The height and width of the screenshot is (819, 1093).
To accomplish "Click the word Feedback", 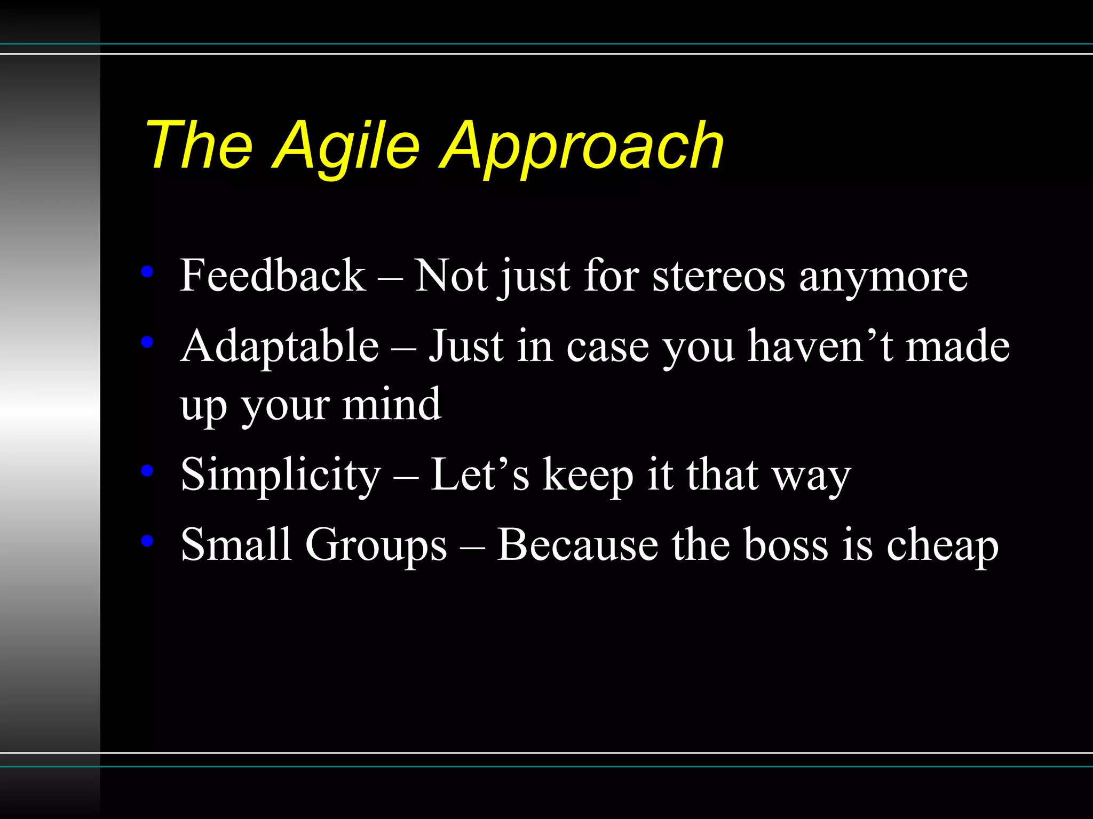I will tap(273, 276).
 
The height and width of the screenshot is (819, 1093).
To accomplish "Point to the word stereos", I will tap(718, 277).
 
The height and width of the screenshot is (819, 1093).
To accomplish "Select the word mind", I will tap(392, 404).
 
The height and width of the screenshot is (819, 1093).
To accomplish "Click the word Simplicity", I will tap(281, 475).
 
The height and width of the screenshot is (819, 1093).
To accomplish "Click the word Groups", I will tap(376, 545).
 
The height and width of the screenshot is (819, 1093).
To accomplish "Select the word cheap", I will tap(942, 546).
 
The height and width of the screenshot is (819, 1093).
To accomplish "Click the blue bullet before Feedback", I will tap(147, 272).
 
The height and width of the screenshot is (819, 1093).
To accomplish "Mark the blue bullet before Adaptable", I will tap(147, 342).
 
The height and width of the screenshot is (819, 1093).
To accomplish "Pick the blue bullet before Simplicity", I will tap(147, 470).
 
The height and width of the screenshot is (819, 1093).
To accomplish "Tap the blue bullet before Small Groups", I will tap(147, 541).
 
